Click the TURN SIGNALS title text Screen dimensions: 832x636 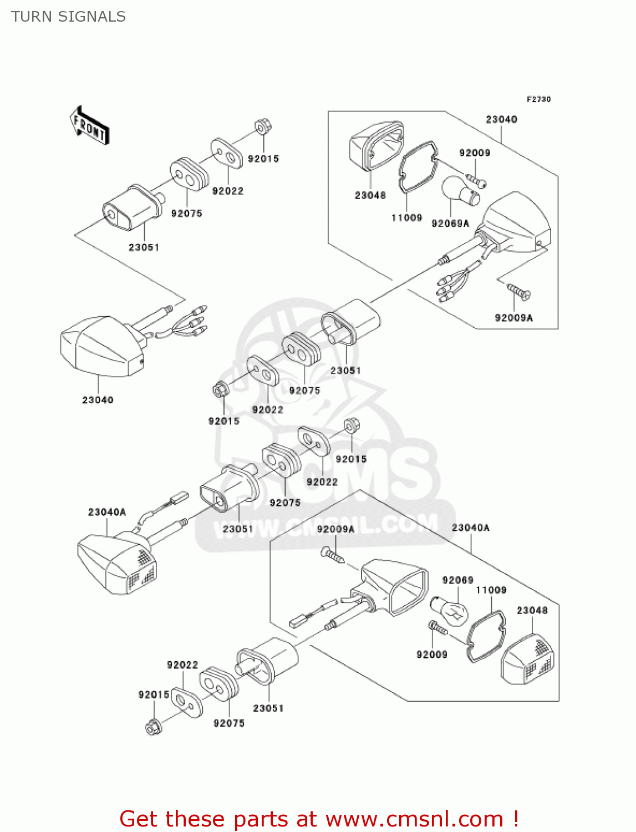click(68, 17)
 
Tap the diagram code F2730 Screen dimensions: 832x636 click(538, 99)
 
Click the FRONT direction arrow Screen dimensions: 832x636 click(89, 126)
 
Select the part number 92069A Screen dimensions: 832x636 click(450, 224)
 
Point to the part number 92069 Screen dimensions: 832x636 click(457, 580)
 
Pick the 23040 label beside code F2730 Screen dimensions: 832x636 click(501, 119)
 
